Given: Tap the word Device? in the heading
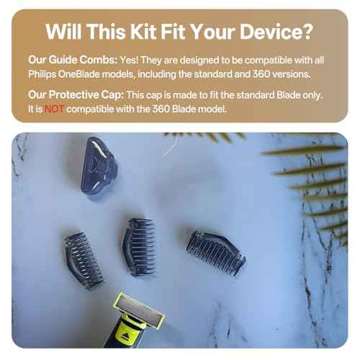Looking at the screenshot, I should point(274,32).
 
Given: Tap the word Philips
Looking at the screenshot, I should point(45,74).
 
